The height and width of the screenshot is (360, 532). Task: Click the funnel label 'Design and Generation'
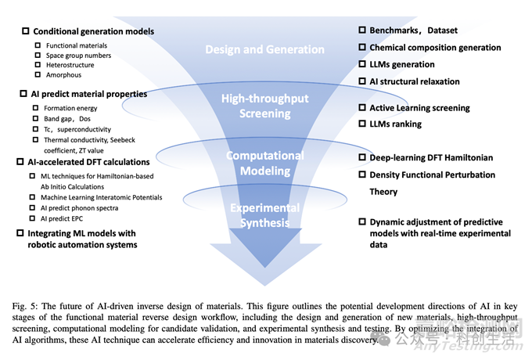point(264,50)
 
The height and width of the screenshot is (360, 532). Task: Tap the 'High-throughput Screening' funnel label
point(264,106)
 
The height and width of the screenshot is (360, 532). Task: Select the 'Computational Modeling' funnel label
point(264,163)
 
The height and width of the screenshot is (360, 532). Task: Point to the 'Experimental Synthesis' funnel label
point(264,215)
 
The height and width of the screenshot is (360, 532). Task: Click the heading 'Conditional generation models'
point(93,31)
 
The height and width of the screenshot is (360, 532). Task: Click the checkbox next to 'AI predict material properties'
point(24,94)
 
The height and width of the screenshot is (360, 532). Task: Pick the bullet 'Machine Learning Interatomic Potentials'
point(102,197)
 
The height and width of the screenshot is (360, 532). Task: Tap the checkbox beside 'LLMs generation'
point(362,64)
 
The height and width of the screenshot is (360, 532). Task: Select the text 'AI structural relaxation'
point(415,81)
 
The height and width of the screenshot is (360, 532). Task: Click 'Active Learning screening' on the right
point(419,108)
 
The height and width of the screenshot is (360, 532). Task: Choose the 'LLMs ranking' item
point(395,124)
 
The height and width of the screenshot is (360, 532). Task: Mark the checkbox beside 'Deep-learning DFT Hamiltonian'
point(362,157)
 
